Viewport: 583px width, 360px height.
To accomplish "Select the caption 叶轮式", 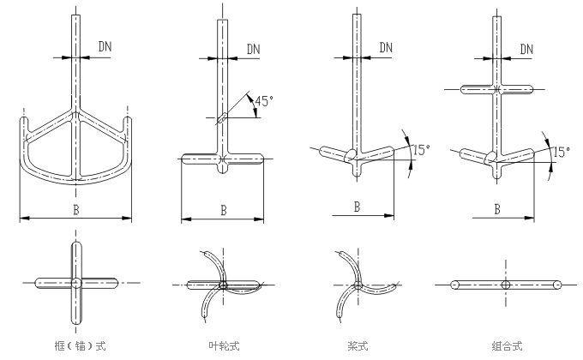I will point(223,346).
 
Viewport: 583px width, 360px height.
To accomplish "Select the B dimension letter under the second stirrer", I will point(223,208).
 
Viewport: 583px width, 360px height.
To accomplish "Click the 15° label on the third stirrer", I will point(419,149).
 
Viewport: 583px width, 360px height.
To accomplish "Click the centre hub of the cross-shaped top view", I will point(76,283).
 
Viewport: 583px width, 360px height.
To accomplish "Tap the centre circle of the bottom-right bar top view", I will point(506,284).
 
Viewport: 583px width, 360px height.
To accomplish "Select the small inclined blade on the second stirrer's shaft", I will point(223,118).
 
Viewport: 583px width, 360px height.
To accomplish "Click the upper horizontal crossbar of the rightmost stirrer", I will point(497,88).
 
